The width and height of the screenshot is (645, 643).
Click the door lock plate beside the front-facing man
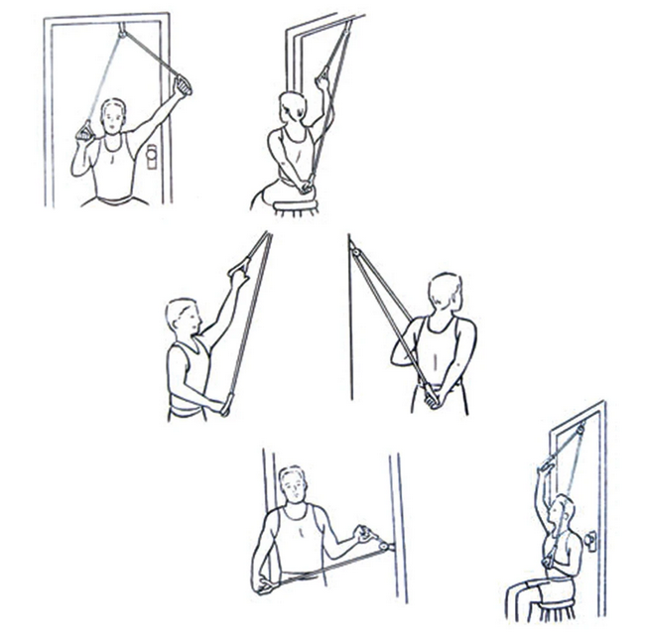152,156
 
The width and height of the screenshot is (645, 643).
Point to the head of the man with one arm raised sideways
114,115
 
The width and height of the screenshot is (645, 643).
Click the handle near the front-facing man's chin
84,130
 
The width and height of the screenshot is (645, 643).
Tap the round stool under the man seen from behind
295,205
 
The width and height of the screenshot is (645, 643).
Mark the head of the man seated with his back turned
292,105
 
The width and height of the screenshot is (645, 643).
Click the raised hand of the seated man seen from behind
322,78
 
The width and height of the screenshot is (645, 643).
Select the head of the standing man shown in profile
184,317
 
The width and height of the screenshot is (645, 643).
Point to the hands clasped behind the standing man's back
430,398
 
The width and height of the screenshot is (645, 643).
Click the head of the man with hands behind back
445,292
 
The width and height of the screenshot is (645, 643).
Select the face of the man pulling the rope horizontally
292,486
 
